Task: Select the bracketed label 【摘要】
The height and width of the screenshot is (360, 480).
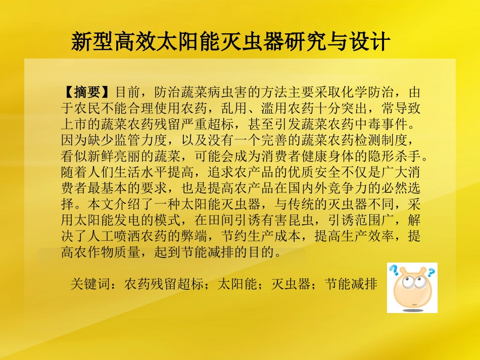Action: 88,93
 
